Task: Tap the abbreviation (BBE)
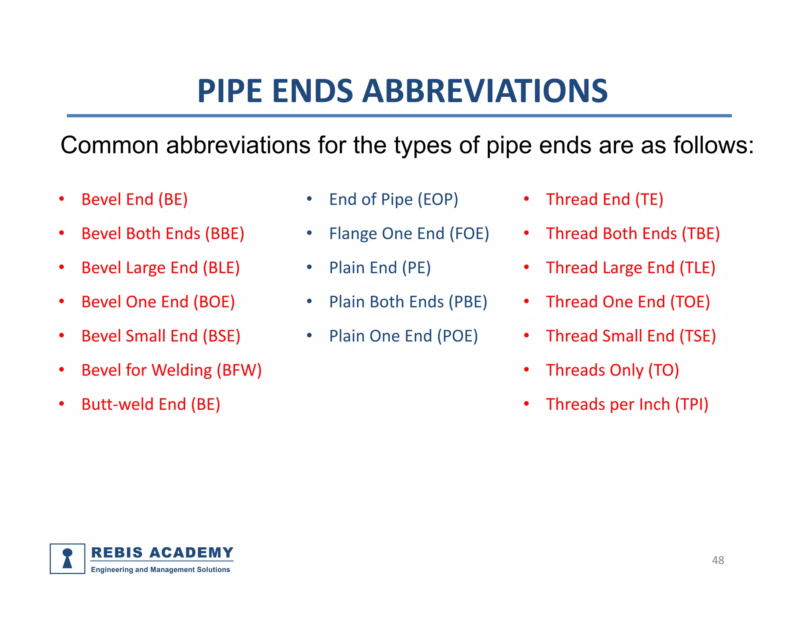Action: coord(224,234)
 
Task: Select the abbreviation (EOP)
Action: coord(437,199)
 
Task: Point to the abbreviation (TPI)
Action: coord(691,405)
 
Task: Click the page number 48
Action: coord(718,560)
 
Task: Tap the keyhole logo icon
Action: coord(68,559)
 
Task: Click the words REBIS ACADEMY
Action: coord(162,552)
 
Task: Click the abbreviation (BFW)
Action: coord(239,370)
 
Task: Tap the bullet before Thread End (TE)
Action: coord(526,199)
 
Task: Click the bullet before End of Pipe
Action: coord(309,199)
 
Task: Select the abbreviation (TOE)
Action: coord(690,302)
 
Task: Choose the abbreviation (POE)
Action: coord(458,336)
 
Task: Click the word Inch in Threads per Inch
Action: coord(654,405)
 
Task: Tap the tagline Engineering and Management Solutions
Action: coord(160,570)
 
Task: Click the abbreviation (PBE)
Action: coord(467,302)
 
